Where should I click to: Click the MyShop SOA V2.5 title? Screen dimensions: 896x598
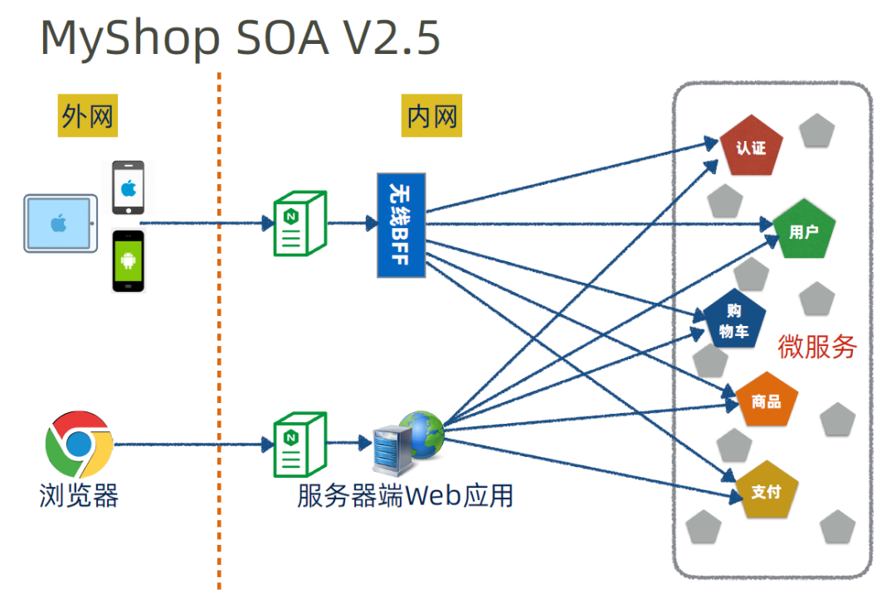[240, 37]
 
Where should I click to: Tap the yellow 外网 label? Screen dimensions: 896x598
[87, 115]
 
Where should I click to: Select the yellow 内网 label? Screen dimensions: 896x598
[431, 115]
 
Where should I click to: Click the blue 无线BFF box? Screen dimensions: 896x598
[402, 225]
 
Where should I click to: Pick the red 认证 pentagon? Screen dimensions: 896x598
[751, 146]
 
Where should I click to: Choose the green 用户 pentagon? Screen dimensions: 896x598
[804, 230]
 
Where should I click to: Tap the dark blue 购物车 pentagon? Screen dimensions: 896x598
[733, 320]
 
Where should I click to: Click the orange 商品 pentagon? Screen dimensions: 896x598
[767, 401]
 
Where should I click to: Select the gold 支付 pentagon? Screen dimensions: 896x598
[767, 490]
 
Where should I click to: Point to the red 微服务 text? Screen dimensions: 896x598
[817, 346]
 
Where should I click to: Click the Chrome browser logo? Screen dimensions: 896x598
[80, 444]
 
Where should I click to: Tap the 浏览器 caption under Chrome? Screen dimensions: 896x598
[79, 495]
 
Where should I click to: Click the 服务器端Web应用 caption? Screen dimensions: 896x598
[405, 495]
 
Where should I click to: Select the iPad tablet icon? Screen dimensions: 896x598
[61, 223]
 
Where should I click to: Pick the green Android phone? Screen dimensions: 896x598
[129, 261]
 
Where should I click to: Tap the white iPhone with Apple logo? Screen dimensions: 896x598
[129, 187]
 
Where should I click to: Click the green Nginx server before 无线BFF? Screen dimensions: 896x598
[300, 223]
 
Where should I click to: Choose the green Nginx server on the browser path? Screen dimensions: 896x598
[300, 445]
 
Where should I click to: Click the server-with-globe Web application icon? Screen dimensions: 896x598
[408, 443]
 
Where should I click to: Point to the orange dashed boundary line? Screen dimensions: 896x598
[219, 331]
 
